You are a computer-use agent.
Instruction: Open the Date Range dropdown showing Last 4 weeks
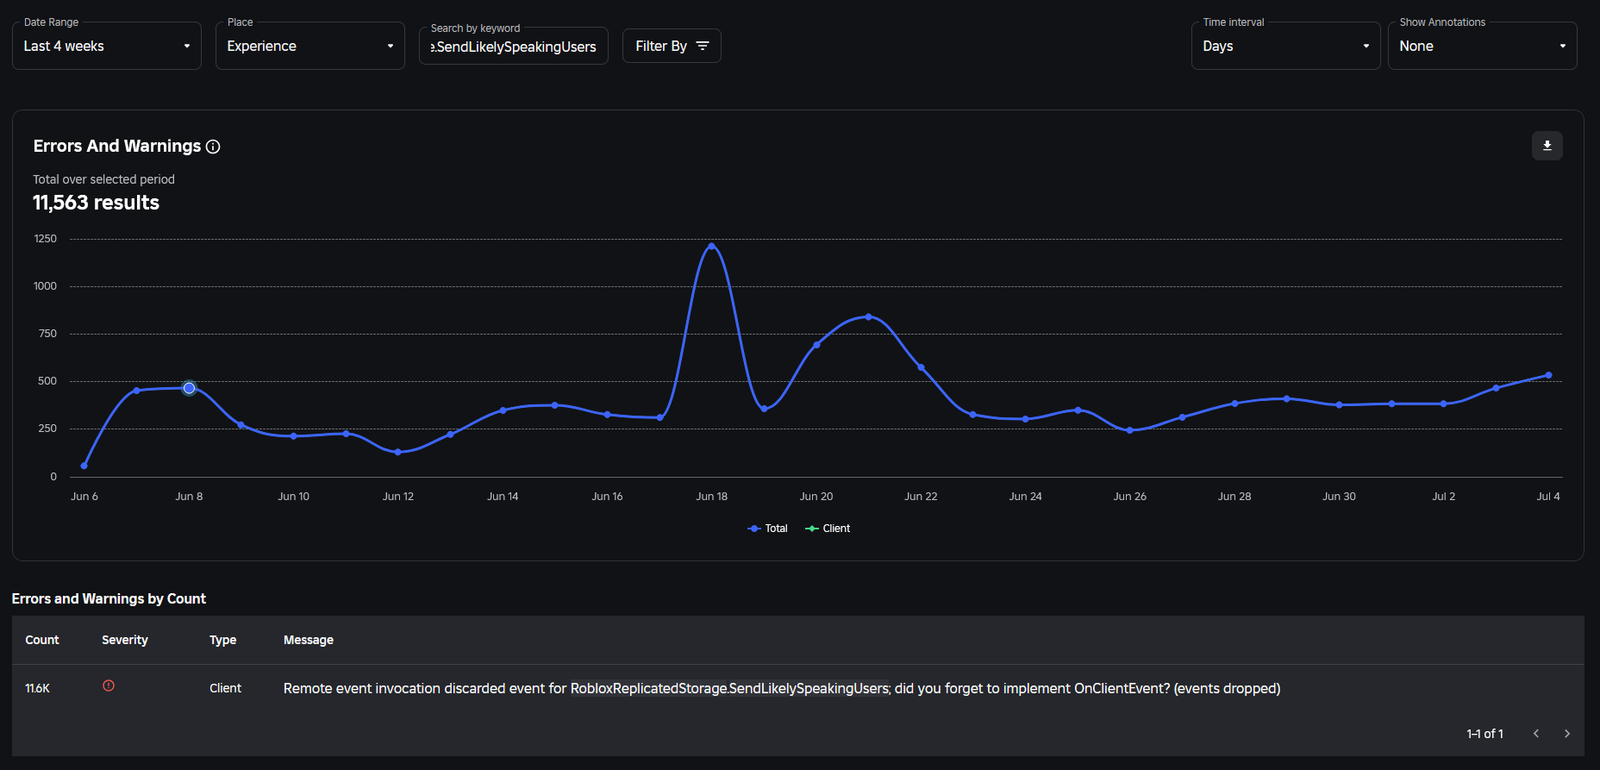pyautogui.click(x=106, y=47)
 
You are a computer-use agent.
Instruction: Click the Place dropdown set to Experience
pyautogui.click(x=309, y=47)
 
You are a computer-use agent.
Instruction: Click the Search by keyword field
pyautogui.click(x=513, y=47)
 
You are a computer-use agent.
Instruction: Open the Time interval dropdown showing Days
pyautogui.click(x=1285, y=47)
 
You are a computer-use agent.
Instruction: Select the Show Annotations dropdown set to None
pyautogui.click(x=1482, y=47)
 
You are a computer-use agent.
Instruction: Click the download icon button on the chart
pyautogui.click(x=1547, y=146)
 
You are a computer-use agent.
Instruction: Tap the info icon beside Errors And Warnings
pyautogui.click(x=213, y=147)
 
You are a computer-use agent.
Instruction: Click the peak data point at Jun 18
pyautogui.click(x=711, y=246)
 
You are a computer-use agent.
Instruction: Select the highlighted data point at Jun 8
pyautogui.click(x=189, y=388)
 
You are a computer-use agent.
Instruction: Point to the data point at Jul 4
pyautogui.click(x=1548, y=375)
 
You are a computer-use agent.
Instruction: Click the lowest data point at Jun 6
pyautogui.click(x=84, y=466)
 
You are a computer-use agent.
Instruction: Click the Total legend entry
pyautogui.click(x=767, y=529)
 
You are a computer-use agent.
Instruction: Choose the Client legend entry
pyautogui.click(x=828, y=529)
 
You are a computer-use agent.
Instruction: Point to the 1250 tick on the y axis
pyautogui.click(x=46, y=239)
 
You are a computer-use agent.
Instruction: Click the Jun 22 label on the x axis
pyautogui.click(x=921, y=497)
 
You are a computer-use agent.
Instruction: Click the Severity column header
pyautogui.click(x=125, y=640)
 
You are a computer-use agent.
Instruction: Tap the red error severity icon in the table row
pyautogui.click(x=109, y=686)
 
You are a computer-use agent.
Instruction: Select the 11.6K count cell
pyautogui.click(x=38, y=688)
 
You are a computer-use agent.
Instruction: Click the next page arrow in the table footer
pyautogui.click(x=1566, y=734)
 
